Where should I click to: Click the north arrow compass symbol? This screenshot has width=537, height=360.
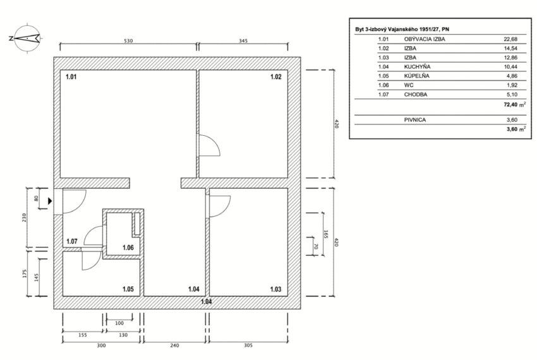click(26, 38)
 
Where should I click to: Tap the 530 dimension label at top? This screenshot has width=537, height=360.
click(128, 41)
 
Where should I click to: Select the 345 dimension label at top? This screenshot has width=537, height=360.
click(243, 41)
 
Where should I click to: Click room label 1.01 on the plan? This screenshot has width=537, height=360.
click(71, 76)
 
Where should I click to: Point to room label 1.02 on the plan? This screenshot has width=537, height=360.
click(275, 76)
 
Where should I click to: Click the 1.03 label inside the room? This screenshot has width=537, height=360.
click(275, 289)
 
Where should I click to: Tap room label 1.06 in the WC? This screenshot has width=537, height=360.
click(128, 248)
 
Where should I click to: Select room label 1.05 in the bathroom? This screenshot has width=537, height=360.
click(128, 289)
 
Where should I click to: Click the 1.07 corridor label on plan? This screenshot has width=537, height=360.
click(72, 241)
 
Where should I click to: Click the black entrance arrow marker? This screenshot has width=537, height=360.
click(50, 201)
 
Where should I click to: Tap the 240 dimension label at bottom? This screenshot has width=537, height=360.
click(174, 345)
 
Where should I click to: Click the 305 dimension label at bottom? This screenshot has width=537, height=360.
click(248, 345)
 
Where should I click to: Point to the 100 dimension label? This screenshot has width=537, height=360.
click(119, 323)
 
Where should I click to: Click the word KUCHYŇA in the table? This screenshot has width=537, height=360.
click(417, 67)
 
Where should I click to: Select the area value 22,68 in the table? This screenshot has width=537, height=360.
click(510, 39)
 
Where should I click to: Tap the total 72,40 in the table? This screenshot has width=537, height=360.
click(510, 104)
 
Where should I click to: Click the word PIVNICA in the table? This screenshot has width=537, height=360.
click(415, 120)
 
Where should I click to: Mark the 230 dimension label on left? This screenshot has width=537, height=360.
click(24, 217)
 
